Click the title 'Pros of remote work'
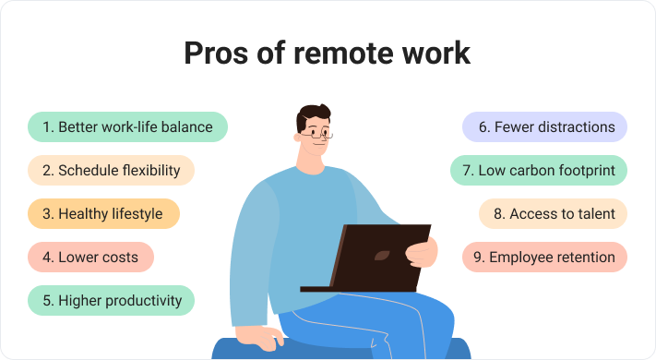[x=328, y=53]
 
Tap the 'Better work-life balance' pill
[x=127, y=126]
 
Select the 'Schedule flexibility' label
[x=111, y=170]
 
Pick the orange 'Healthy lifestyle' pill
[x=103, y=213]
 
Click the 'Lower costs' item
[x=90, y=257]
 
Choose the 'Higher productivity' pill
[x=111, y=300]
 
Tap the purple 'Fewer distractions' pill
[x=544, y=126]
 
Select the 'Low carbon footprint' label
[x=539, y=170]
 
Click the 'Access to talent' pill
[x=553, y=213]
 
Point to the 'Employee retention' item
[x=544, y=257]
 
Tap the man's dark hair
[x=315, y=115]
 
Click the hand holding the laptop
[x=422, y=251]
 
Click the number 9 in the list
[x=478, y=257]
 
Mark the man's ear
[x=301, y=135]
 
